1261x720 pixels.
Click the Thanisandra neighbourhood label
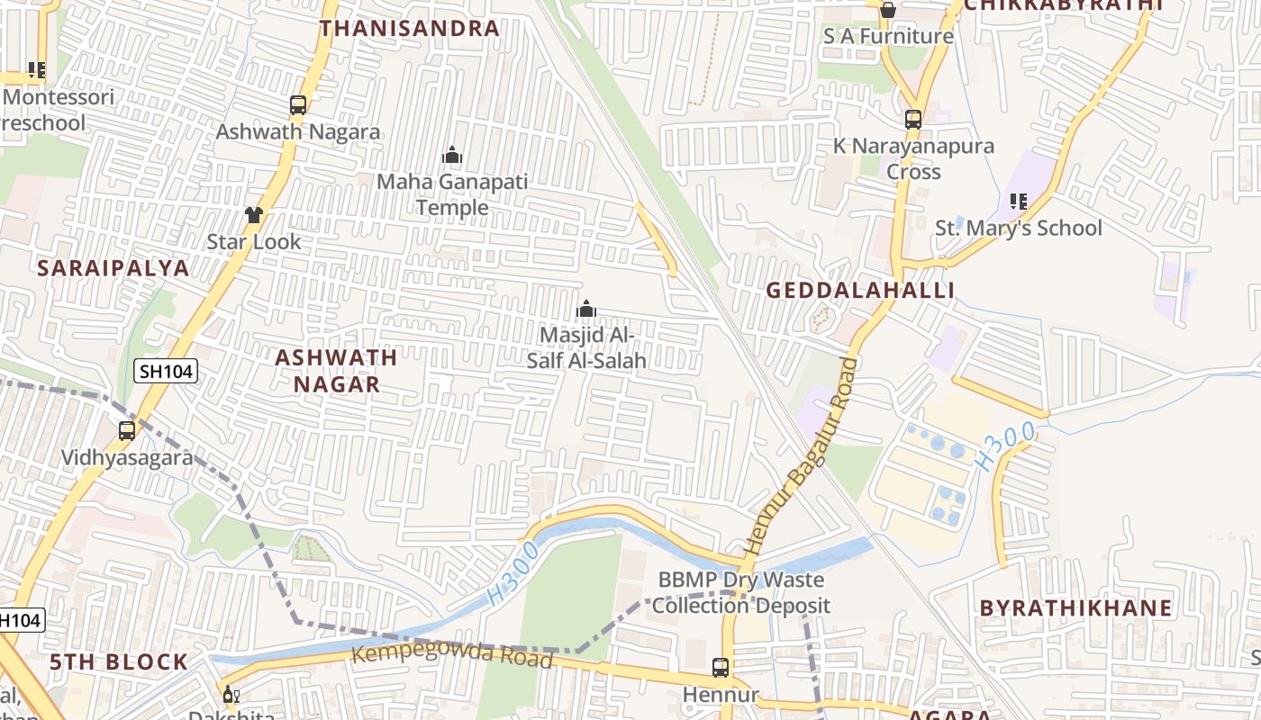[409, 28]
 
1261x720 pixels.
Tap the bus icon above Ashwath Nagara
[298, 105]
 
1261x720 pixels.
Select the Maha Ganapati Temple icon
[452, 156]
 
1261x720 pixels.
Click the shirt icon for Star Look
[254, 215]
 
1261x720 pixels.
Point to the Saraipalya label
[113, 267]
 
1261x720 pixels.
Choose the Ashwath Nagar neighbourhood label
[336, 371]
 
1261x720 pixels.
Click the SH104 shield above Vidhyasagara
[167, 370]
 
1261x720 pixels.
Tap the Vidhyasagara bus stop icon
[127, 431]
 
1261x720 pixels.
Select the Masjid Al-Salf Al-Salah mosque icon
[586, 310]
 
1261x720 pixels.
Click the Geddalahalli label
[860, 290]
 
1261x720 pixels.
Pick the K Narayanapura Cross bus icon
[913, 119]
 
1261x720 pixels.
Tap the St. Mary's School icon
[1019, 202]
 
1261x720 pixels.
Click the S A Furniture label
[888, 36]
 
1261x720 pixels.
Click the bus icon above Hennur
[721, 668]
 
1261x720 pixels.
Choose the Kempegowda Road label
[451, 654]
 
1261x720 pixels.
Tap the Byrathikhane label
[1075, 607]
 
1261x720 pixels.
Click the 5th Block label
[119, 662]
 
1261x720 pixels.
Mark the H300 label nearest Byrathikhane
[1005, 447]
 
